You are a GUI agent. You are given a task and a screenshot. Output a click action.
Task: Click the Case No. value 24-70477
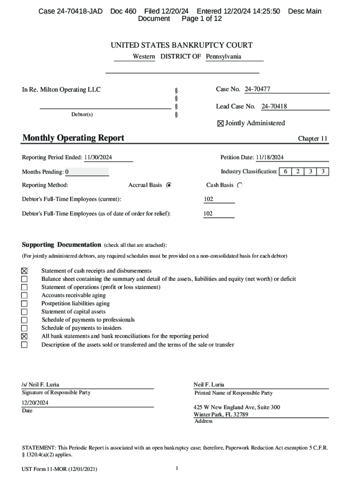pyautogui.click(x=257, y=89)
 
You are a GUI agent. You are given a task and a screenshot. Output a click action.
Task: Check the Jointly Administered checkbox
pyautogui.click(x=220, y=123)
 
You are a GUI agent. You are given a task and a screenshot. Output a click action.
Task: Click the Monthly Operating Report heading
pyautogui.click(x=73, y=138)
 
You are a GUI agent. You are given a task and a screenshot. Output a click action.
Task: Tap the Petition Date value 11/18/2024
pyautogui.click(x=270, y=158)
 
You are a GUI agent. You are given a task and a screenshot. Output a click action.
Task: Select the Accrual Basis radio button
pyautogui.click(x=169, y=185)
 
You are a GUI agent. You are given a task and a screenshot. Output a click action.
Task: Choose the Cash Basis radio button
pyautogui.click(x=240, y=185)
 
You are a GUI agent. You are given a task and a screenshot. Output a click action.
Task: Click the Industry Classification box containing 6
pyautogui.click(x=285, y=172)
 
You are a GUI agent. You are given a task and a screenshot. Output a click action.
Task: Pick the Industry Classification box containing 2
pyautogui.click(x=297, y=172)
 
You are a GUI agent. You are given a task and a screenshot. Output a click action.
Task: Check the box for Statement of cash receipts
pyautogui.click(x=24, y=271)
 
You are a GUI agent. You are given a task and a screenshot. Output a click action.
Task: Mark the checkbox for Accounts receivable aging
pyautogui.click(x=24, y=296)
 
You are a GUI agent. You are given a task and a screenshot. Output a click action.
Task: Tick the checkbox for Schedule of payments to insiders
pyautogui.click(x=24, y=328)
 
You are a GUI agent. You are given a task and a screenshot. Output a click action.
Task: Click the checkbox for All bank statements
pyautogui.click(x=24, y=336)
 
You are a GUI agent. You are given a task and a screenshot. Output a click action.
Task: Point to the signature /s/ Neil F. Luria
pyautogui.click(x=41, y=385)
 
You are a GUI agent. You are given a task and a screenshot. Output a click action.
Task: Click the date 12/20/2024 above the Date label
pyautogui.click(x=35, y=403)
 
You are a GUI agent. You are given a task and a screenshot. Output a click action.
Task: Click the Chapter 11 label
pyautogui.click(x=313, y=139)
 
